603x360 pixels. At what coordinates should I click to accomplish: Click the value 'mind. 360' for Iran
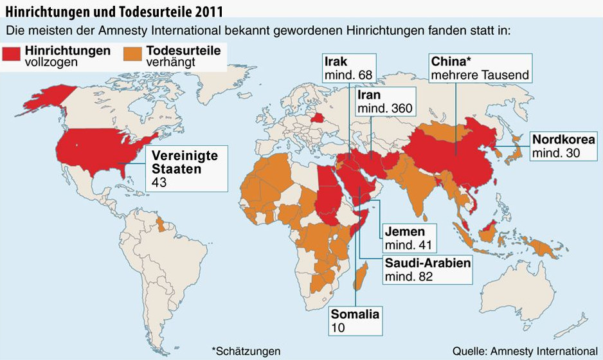384,108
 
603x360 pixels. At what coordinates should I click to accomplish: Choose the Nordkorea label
562,147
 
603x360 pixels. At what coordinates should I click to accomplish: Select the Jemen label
408,238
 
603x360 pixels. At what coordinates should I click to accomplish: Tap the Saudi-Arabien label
427,270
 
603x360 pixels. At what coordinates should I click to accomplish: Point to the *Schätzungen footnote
246,350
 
